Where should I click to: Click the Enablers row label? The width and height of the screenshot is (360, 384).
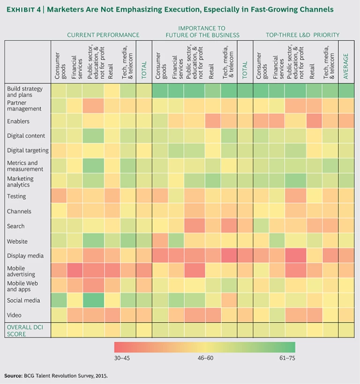click(x=18, y=121)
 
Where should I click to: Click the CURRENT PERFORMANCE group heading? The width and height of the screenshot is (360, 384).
click(x=103, y=35)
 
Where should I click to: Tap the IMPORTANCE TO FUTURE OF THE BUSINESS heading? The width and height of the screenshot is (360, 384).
click(x=202, y=31)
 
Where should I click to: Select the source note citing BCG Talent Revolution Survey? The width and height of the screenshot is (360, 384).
click(x=59, y=376)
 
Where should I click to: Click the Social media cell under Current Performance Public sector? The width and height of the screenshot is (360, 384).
click(x=96, y=301)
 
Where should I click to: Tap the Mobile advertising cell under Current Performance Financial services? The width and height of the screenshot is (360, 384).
click(x=74, y=271)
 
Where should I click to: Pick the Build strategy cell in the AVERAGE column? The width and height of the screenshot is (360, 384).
click(x=347, y=91)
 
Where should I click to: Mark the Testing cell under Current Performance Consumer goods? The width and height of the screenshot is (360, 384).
click(x=59, y=196)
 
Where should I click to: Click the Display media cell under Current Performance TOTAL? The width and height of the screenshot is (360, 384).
click(x=143, y=256)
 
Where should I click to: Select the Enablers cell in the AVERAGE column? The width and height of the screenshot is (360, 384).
click(x=347, y=121)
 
